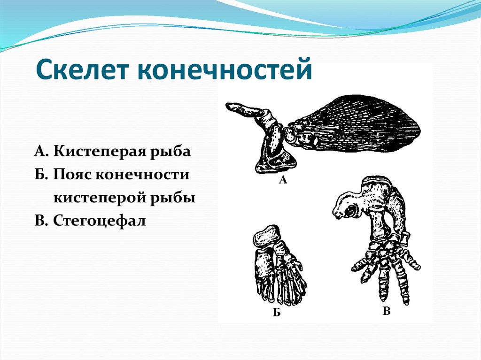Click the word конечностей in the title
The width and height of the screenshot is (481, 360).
click(224, 71)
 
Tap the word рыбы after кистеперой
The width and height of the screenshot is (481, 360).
click(174, 198)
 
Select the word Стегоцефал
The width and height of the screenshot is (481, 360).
click(100, 220)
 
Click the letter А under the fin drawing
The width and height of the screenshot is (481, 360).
click(283, 179)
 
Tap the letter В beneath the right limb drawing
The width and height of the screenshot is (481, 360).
click(386, 311)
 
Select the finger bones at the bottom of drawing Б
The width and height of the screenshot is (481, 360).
click(282, 289)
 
